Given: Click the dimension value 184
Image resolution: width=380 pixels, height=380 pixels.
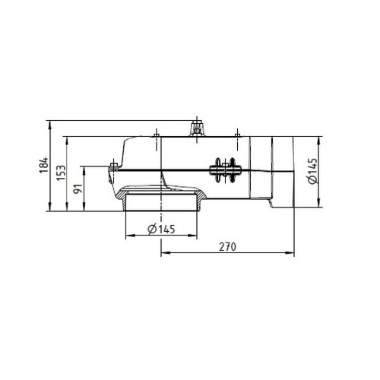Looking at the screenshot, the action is click(x=43, y=165).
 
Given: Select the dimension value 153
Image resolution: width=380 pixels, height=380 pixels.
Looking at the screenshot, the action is click(x=61, y=173).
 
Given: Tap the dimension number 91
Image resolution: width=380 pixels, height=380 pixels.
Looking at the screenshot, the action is click(x=78, y=188).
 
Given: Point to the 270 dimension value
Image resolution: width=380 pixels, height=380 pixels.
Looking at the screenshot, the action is click(x=227, y=247).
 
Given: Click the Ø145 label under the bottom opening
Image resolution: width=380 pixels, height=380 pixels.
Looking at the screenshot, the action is click(x=161, y=230).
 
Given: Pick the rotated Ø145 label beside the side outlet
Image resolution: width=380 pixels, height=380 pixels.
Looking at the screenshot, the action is click(x=312, y=171).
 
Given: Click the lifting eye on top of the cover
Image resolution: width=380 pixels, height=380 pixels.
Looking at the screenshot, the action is click(x=197, y=128).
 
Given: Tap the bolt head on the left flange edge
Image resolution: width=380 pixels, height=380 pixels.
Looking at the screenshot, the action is click(x=113, y=166).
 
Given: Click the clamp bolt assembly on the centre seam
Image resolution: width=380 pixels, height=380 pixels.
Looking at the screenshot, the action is click(x=225, y=170).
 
